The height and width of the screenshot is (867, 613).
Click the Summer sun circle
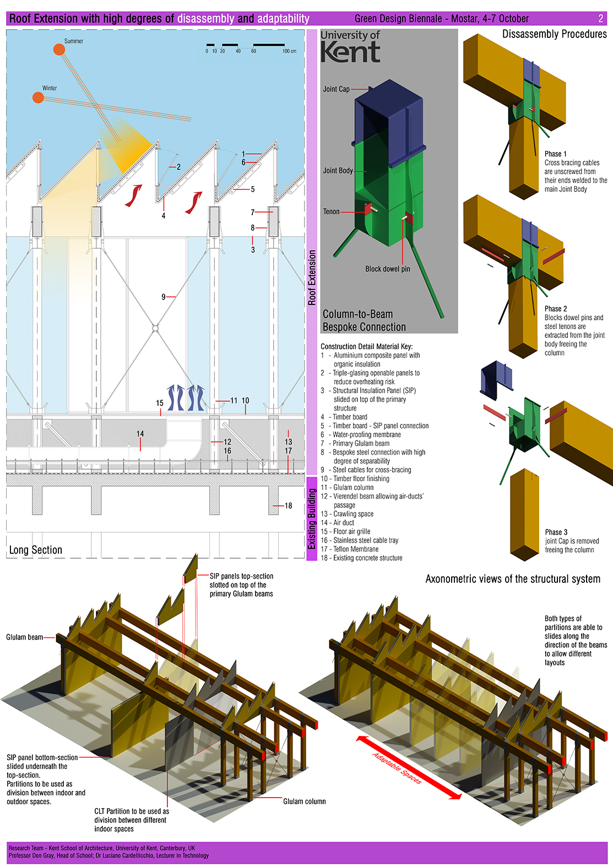tap(59, 50)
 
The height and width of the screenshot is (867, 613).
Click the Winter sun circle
tap(38, 97)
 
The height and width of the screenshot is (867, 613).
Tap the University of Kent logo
tap(350, 47)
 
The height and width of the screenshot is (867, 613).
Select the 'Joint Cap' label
tap(336, 89)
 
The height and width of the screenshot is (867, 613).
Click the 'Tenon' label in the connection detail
tap(331, 211)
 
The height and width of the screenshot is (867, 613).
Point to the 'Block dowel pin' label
tap(387, 269)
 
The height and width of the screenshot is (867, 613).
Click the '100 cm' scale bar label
tap(289, 51)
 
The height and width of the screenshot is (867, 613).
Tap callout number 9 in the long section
tap(164, 297)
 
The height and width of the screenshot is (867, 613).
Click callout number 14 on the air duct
tap(140, 434)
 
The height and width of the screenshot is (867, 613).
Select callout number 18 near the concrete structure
tap(288, 505)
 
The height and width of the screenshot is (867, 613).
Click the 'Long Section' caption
tap(36, 550)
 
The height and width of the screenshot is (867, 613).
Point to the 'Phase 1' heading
tap(555, 154)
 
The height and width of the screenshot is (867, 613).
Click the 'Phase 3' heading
tap(556, 532)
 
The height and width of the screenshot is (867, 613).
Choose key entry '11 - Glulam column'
tap(347, 488)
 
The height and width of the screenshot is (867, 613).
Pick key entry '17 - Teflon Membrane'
tap(350, 549)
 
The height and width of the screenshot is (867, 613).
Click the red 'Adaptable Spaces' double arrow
tap(408, 767)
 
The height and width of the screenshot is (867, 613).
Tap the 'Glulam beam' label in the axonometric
tap(24, 637)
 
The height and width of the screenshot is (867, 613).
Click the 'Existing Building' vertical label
tap(312, 519)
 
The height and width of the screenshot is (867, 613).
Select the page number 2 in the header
tap(600, 19)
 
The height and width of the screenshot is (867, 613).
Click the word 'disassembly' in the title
tap(205, 19)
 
